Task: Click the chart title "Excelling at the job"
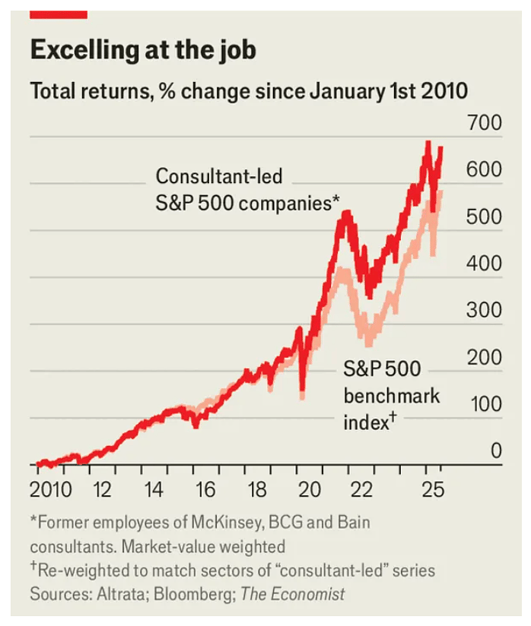pos(143,51)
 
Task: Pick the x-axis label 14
pos(154,488)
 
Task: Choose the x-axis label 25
pos(431,488)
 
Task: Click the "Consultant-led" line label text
pos(219,177)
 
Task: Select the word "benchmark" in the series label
pos(392,396)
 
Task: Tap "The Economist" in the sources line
pos(293,593)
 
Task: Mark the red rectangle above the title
pos(59,14)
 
